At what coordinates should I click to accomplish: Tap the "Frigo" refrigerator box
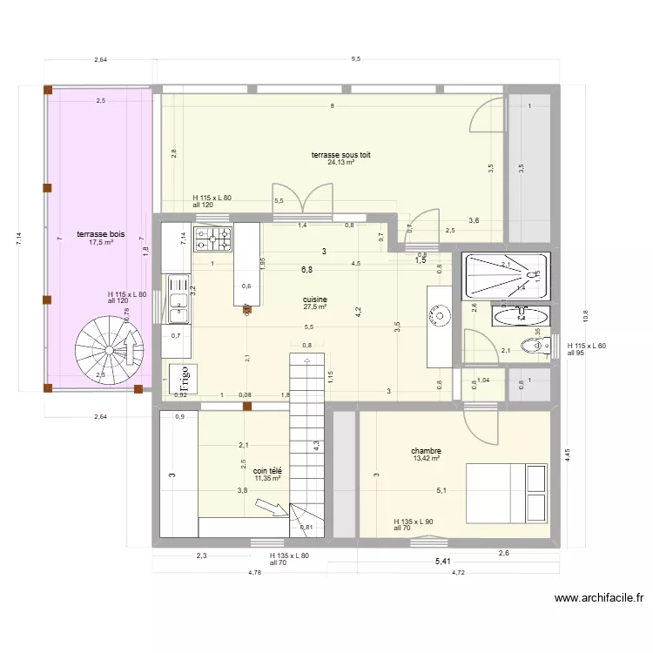coord(184,379)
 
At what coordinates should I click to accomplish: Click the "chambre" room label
coord(427,451)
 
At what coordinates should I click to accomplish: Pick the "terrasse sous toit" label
coord(340,155)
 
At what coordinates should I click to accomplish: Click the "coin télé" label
coord(267,470)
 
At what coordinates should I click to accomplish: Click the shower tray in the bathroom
coord(507,275)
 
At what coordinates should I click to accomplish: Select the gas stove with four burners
coord(212,237)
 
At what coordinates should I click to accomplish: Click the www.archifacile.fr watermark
coord(598,598)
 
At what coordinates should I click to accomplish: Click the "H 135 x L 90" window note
coord(413,521)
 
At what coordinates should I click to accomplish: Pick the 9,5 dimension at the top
coord(355,59)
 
